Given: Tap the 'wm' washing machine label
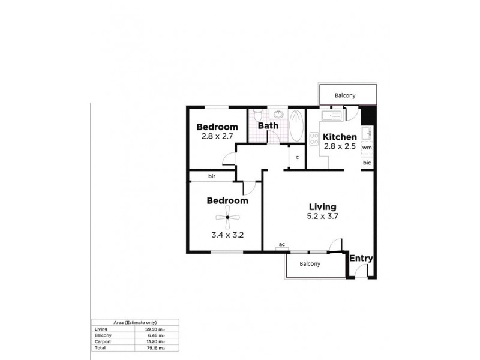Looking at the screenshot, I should pyautogui.click(x=367, y=148).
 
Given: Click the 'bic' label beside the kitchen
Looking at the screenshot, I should pyautogui.click(x=367, y=163).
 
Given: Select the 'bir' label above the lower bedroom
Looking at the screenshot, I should pyautogui.click(x=212, y=176).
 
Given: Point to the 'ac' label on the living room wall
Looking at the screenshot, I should pyautogui.click(x=281, y=245).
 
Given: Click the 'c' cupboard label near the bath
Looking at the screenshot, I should pyautogui.click(x=296, y=157).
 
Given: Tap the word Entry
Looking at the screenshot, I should pyautogui.click(x=362, y=259).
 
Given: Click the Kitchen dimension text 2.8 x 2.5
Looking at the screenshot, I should pyautogui.click(x=339, y=146).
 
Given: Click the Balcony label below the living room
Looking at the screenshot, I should pyautogui.click(x=310, y=264).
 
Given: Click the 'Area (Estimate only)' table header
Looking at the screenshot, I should pyautogui.click(x=134, y=323).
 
